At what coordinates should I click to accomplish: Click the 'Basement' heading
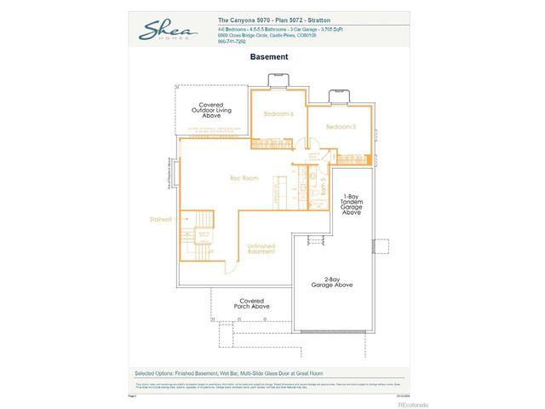[x=269, y=57]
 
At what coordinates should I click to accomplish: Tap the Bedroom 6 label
[x=278, y=114]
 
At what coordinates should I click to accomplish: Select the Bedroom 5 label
[x=340, y=127]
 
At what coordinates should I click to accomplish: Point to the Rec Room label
[x=244, y=178]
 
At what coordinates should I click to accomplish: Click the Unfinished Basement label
[x=261, y=248]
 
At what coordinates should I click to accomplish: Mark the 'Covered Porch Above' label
[x=253, y=304]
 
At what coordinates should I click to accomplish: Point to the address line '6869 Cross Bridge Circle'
[x=267, y=35]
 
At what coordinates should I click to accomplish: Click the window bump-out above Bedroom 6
[x=278, y=82]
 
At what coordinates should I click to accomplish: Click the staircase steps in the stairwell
[x=204, y=243]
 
